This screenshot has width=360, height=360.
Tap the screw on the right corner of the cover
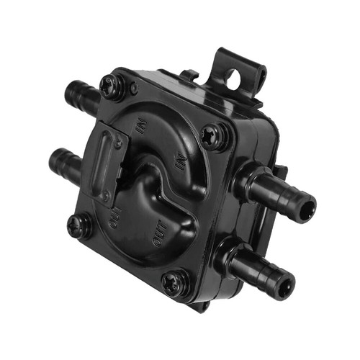click(x=213, y=136)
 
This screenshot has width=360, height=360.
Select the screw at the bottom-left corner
click(x=78, y=226)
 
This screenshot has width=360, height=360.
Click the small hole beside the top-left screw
click(x=133, y=89)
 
